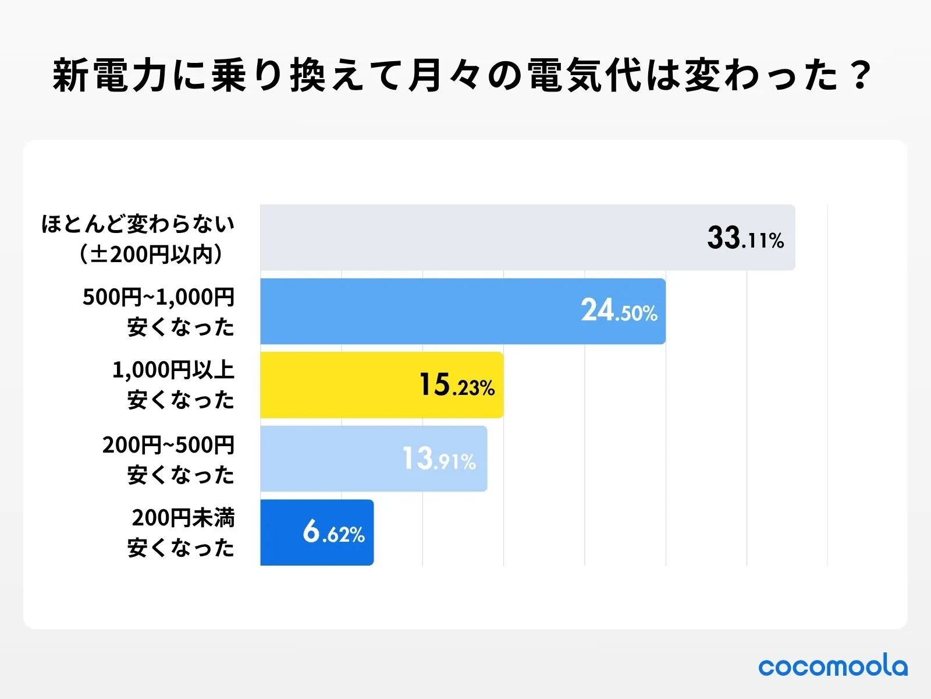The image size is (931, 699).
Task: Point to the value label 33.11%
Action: (745, 238)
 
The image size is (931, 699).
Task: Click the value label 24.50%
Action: (619, 311)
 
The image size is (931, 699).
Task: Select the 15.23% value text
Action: (457, 386)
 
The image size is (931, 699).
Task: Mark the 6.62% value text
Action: (333, 532)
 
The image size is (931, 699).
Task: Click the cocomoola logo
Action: (833, 666)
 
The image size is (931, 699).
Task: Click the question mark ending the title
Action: (860, 76)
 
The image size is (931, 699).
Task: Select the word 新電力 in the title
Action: (111, 76)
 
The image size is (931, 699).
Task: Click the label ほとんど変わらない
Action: (138, 224)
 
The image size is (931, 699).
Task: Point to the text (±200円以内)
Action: (151, 254)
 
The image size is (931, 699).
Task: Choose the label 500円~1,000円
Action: (158, 297)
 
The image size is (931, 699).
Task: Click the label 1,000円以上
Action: (173, 370)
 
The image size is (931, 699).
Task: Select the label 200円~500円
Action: (168, 445)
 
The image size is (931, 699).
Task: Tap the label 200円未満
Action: (183, 518)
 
